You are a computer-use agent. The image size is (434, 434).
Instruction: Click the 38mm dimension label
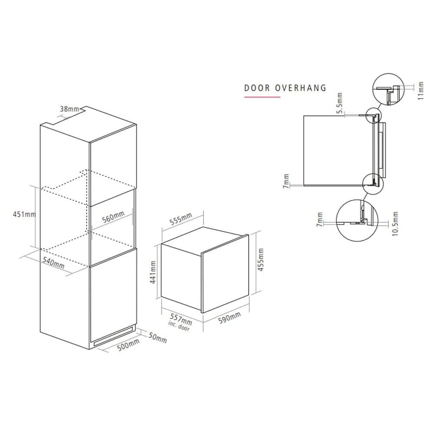(x=69, y=109)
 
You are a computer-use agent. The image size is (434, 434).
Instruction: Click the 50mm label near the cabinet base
(x=158, y=338)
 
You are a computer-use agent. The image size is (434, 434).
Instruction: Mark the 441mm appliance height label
(x=153, y=272)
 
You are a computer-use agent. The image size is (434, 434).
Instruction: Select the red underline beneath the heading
(x=262, y=97)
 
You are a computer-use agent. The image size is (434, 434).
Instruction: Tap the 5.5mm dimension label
(x=339, y=103)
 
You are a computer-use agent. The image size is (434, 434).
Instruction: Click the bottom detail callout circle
(x=357, y=221)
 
